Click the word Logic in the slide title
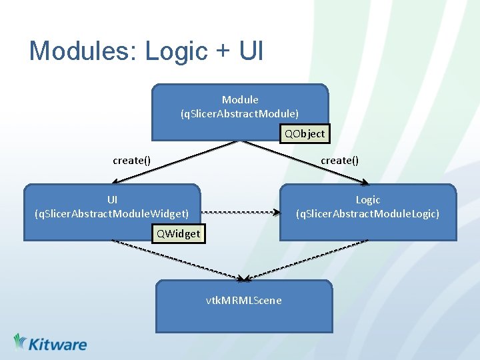(175, 51)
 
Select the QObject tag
(305, 133)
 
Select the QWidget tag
(177, 233)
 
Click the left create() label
(131, 160)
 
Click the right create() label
(339, 160)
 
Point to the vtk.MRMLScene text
(243, 300)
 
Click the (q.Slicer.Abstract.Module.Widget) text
(111, 213)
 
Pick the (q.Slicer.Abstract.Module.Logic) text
(367, 213)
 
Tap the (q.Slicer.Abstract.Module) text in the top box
(239, 113)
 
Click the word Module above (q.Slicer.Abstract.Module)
(240, 100)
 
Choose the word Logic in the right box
(367, 200)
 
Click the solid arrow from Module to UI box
(173, 161)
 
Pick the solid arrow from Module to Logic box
(303, 161)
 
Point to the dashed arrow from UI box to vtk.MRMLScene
(177, 259)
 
